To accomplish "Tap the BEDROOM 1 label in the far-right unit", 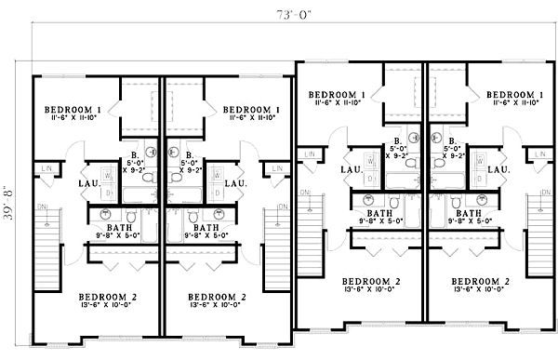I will (513, 95).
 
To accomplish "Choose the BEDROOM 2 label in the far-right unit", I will (480, 281).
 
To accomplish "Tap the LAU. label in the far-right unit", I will (499, 169).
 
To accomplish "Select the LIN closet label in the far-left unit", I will (48, 168).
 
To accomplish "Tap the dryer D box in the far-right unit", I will (480, 177).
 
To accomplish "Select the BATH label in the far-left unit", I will (115, 225).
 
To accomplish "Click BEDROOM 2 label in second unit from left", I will (216, 297).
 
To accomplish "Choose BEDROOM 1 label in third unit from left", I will (336, 95).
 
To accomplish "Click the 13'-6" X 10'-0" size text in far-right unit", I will (480, 290).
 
